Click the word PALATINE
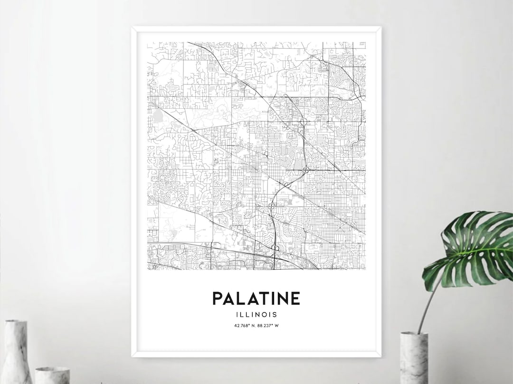click(x=256, y=299)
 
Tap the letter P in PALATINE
click(x=218, y=299)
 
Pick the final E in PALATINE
click(x=295, y=299)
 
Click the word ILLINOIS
click(x=256, y=314)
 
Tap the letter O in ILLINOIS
click(x=267, y=314)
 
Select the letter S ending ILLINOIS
click(x=275, y=314)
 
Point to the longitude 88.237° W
click(x=268, y=326)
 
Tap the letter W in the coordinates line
click(x=277, y=326)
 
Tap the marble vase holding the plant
click(x=414, y=358)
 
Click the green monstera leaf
click(x=470, y=249)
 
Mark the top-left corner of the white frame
click(x=133, y=28)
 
